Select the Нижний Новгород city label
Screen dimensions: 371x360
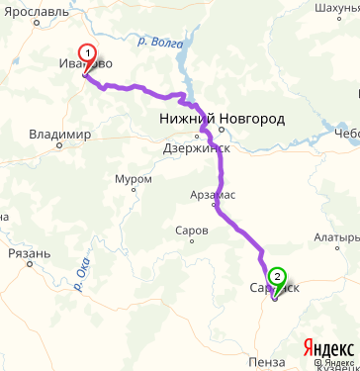(223, 119)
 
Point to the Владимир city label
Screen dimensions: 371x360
(59, 134)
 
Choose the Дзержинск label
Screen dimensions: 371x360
(197, 148)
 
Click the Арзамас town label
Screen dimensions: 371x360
(212, 195)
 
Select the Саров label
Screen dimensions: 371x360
(191, 230)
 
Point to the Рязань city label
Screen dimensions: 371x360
(28, 253)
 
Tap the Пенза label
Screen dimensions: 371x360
(268, 361)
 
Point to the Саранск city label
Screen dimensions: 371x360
(274, 287)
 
